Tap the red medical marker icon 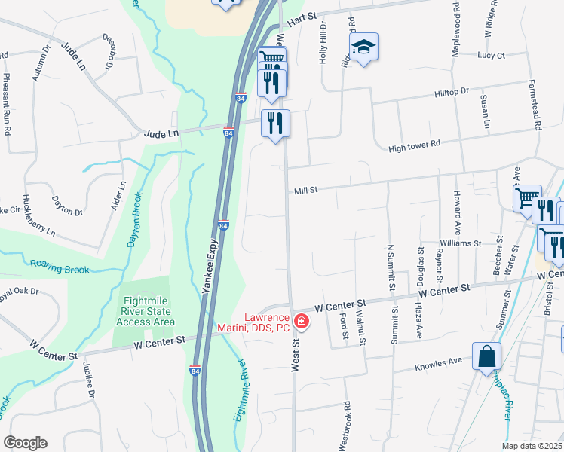click(x=302, y=322)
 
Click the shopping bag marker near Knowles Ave click(x=486, y=355)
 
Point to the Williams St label click(x=461, y=243)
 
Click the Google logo click(x=25, y=443)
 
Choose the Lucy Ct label click(x=491, y=55)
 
